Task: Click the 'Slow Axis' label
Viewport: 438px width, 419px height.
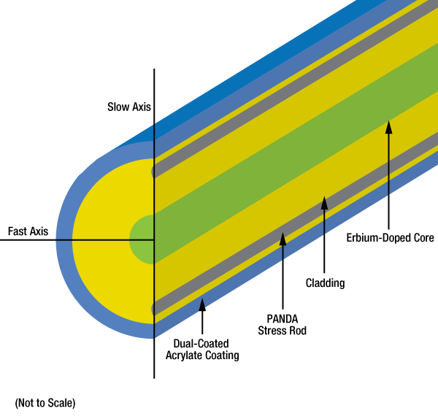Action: pyautogui.click(x=129, y=107)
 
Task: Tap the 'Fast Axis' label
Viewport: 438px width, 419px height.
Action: pyautogui.click(x=28, y=231)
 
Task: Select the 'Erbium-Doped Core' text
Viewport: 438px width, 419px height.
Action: pyautogui.click(x=391, y=238)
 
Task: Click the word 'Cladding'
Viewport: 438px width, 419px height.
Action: pyautogui.click(x=325, y=283)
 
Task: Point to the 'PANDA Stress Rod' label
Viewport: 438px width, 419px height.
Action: pyautogui.click(x=282, y=325)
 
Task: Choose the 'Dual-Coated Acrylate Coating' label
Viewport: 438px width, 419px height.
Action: pyautogui.click(x=202, y=350)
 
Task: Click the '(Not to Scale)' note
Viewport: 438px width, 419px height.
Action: pyautogui.click(x=45, y=403)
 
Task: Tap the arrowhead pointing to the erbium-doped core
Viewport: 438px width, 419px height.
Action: pyautogui.click(x=388, y=127)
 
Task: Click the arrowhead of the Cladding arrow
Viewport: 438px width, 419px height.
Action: pyautogui.click(x=324, y=203)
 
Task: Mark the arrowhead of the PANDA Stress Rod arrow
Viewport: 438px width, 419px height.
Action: pyautogui.click(x=283, y=239)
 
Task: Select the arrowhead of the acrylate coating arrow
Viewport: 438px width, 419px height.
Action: pyautogui.click(x=202, y=304)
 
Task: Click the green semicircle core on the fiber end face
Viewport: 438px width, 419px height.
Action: pyautogui.click(x=142, y=239)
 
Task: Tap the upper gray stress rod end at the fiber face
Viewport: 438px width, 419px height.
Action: pyautogui.click(x=153, y=172)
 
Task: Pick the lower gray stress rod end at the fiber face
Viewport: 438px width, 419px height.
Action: pyautogui.click(x=153, y=309)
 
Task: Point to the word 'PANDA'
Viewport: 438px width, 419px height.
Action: pyautogui.click(x=282, y=319)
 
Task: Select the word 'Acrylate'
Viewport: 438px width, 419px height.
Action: pyautogui.click(x=184, y=355)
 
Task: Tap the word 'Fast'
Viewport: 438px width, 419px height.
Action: pyautogui.click(x=18, y=231)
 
